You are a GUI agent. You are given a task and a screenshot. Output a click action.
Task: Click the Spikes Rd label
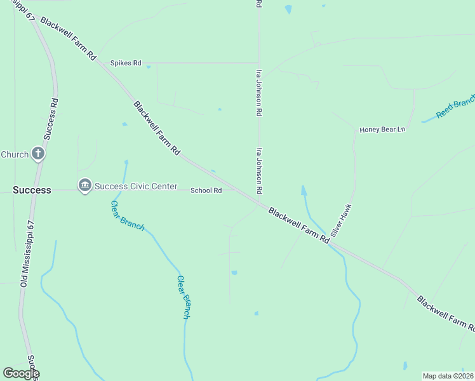[125, 63]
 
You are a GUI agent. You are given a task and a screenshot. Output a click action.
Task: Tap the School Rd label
[206, 190]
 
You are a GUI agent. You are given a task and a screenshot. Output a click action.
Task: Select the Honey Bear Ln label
[382, 130]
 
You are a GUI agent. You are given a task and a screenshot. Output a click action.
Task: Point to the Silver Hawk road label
[341, 220]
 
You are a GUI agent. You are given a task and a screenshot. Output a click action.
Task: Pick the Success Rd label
[51, 118]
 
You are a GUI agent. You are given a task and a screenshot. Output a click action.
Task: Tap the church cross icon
[38, 154]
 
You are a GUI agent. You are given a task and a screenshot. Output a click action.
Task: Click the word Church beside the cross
[15, 154]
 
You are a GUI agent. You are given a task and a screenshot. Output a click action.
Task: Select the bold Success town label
[32, 190]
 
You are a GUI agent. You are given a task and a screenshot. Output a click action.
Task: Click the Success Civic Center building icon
[84, 185]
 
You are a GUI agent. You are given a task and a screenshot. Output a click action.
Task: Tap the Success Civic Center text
[137, 186]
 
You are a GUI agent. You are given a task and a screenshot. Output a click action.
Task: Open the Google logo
[21, 373]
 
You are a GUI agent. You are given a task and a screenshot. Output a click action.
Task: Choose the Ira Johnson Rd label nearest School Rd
[259, 171]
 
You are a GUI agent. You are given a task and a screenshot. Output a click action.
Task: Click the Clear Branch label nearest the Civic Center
[127, 216]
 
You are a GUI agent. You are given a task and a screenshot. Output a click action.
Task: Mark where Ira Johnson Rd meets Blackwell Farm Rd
[259, 204]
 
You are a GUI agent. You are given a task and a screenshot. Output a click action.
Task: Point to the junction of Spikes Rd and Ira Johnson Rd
[259, 63]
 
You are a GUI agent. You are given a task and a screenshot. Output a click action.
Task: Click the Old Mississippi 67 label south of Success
[27, 253]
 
